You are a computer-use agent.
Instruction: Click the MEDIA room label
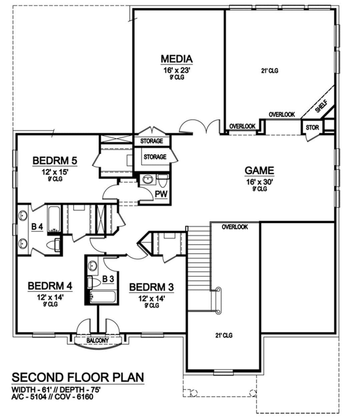(x=177, y=59)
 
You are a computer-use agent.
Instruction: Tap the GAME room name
(x=259, y=170)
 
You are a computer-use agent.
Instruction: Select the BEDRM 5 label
(x=55, y=160)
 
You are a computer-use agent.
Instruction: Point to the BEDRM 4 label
(x=50, y=286)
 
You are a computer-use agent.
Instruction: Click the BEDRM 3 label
(x=151, y=287)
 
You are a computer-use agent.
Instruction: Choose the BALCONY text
(x=98, y=341)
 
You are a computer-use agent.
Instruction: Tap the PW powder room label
(x=161, y=194)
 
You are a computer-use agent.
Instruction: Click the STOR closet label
(x=312, y=127)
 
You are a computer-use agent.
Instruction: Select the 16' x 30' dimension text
(x=259, y=182)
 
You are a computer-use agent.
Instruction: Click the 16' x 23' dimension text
(x=177, y=70)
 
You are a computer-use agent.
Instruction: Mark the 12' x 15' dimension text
(x=55, y=172)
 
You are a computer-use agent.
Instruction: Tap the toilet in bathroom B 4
(x=54, y=245)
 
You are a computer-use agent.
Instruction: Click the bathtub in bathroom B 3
(x=103, y=297)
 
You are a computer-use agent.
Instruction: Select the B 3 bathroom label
(x=108, y=279)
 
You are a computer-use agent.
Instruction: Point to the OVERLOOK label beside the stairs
(x=235, y=227)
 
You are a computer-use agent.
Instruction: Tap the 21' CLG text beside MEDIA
(x=270, y=71)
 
